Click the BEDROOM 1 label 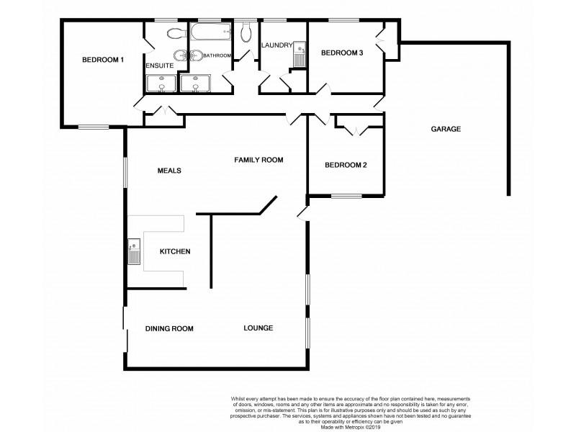103,60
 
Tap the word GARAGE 446,129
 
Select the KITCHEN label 174,251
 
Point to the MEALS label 168,171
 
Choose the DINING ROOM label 169,328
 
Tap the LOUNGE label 258,328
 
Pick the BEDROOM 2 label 346,165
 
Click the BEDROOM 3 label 341,52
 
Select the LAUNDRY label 276,46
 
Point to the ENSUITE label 158,66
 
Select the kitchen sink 134,252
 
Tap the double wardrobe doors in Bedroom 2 354,131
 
